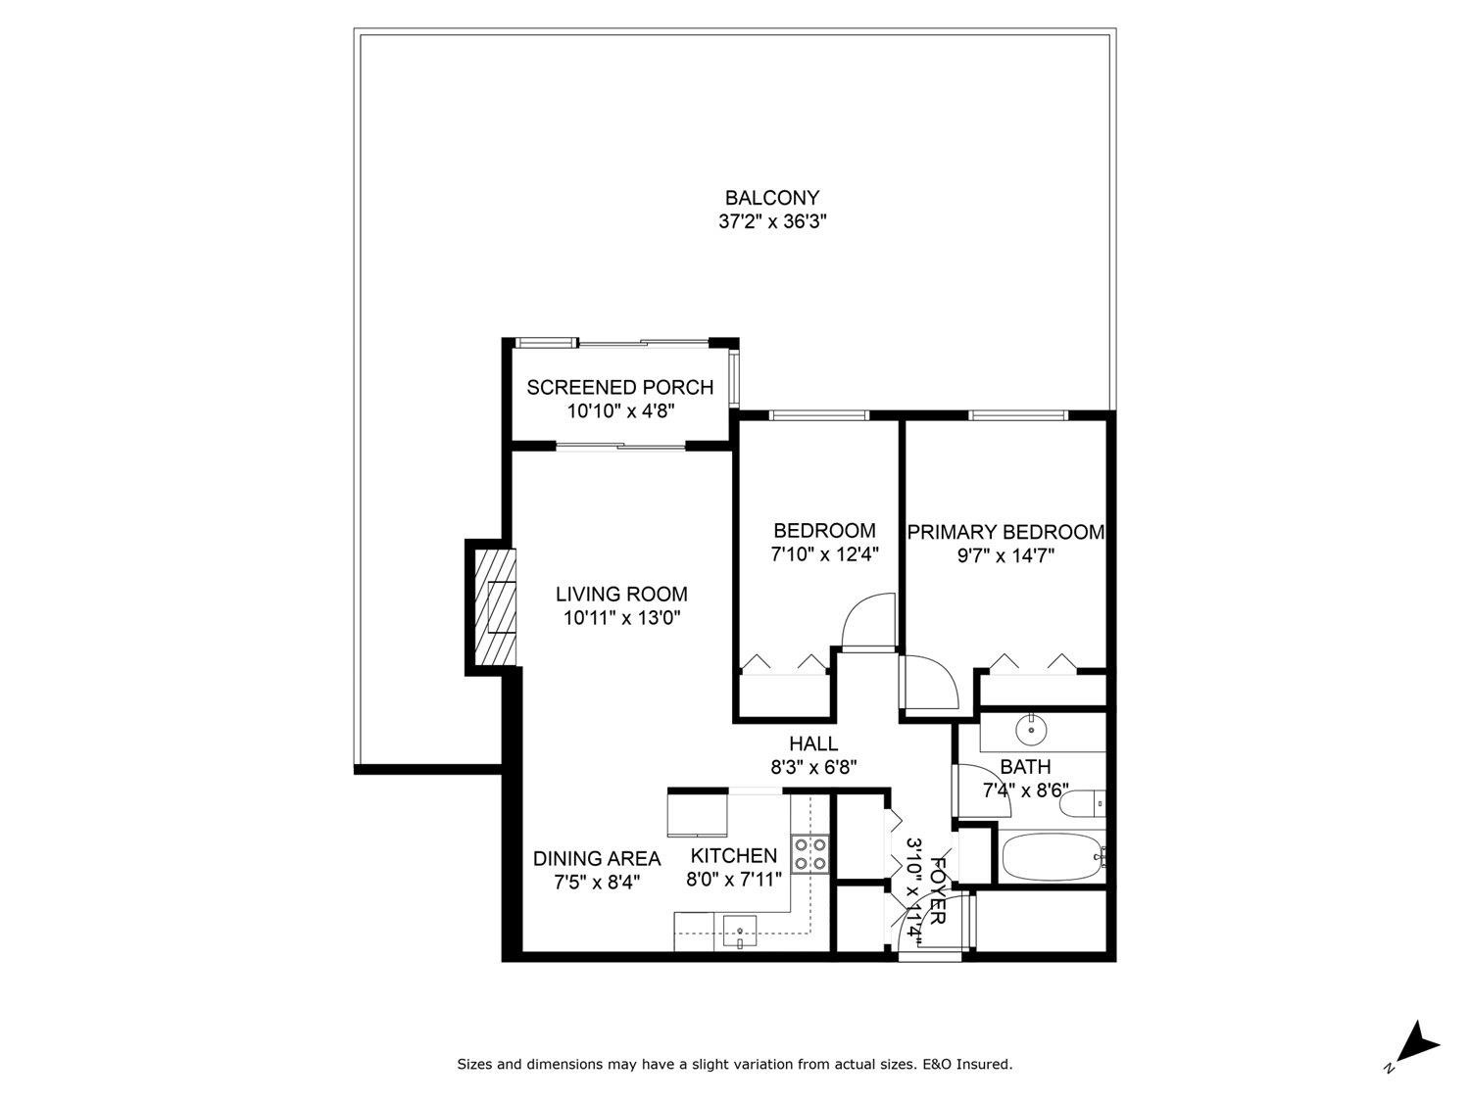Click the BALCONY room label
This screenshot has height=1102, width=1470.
tap(771, 199)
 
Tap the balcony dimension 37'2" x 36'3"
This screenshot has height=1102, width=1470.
tap(772, 222)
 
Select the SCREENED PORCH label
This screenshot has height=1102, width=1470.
tap(619, 388)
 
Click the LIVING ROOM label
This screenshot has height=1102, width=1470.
tap(621, 595)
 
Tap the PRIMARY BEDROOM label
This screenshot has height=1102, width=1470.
tap(1005, 532)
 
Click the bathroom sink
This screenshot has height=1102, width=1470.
tap(1031, 728)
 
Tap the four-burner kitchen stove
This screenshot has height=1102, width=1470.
tap(811, 853)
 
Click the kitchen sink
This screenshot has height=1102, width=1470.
tap(739, 927)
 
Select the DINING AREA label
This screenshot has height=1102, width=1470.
tap(596, 859)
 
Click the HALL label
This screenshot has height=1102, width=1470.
tap(813, 744)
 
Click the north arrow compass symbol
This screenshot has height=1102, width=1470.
tap(1417, 1043)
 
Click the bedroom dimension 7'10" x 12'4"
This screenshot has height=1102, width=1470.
tap(823, 554)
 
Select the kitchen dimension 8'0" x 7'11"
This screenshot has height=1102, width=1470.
tap(734, 880)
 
